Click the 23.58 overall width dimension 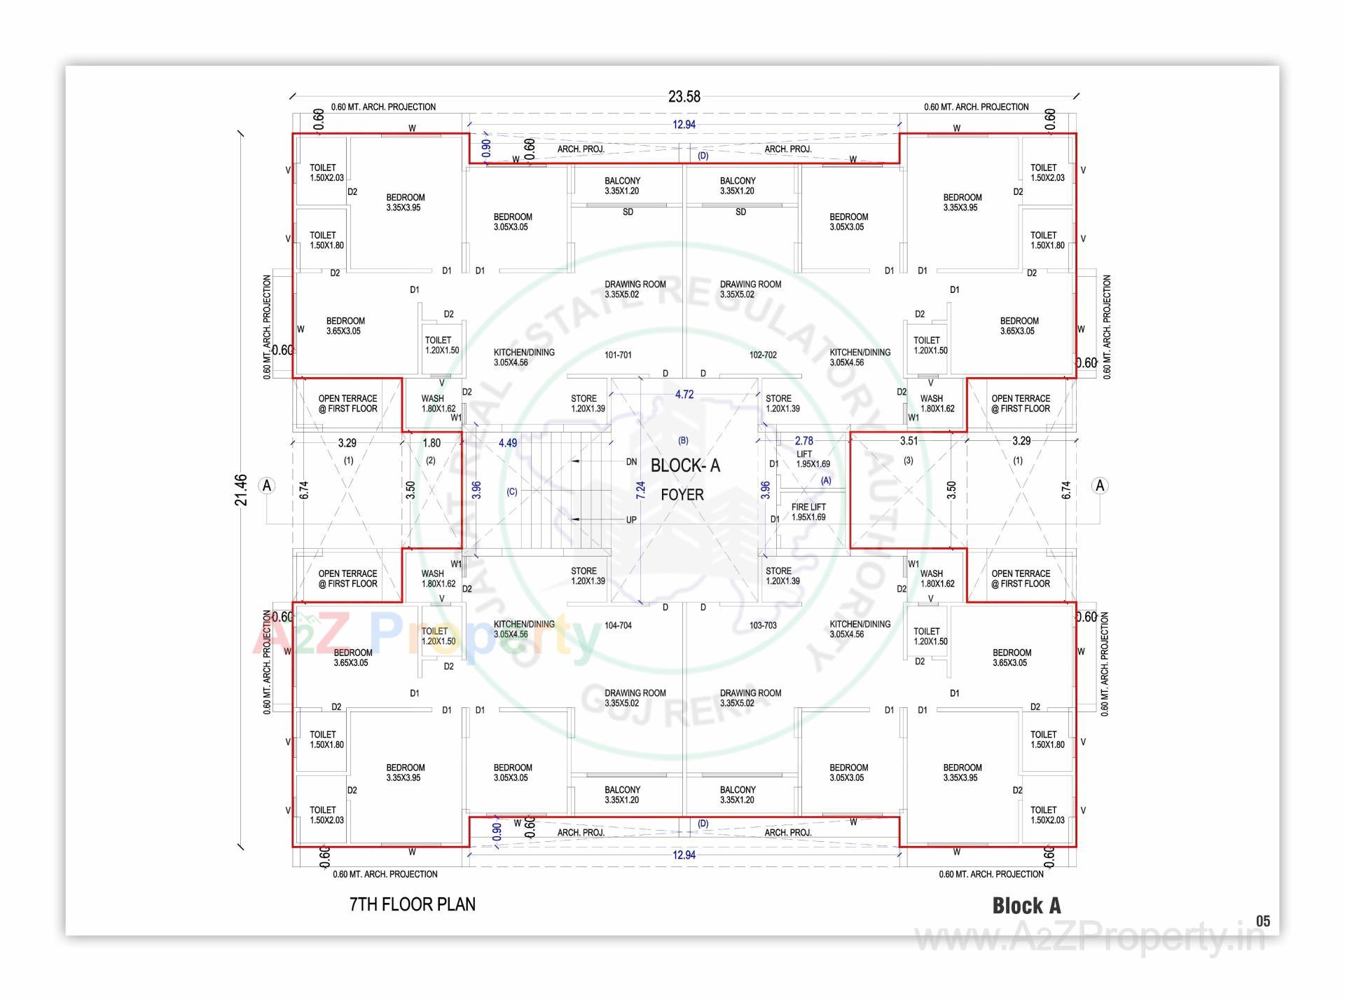[684, 97]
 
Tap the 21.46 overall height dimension [241, 489]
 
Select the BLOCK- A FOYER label [684, 479]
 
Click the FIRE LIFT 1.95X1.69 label [808, 512]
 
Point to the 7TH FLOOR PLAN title [412, 904]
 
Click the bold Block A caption [1026, 906]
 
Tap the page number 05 [1262, 921]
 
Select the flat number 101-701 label [618, 355]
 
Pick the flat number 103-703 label [763, 625]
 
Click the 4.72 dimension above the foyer [684, 395]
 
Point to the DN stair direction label [631, 462]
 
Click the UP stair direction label [631, 520]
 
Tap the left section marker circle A [267, 486]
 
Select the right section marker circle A [1100, 486]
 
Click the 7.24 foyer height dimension [640, 490]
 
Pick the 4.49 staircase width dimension [508, 443]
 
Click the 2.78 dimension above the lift [803, 441]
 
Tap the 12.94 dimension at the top [684, 125]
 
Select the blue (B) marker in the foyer [683, 441]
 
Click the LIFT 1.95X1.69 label [813, 459]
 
